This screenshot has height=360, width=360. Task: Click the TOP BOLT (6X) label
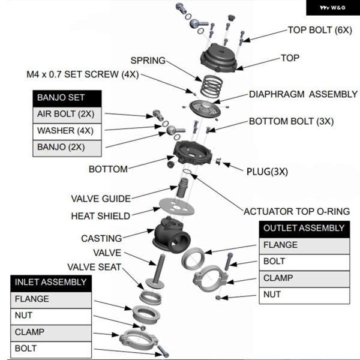pyautogui.click(x=320, y=29)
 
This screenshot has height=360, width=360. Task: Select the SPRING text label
pyautogui.click(x=148, y=60)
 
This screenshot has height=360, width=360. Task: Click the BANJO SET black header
pyautogui.click(x=67, y=97)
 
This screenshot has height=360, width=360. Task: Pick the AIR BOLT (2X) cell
pyautogui.click(x=67, y=114)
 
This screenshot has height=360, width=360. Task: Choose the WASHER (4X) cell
pyautogui.click(x=67, y=130)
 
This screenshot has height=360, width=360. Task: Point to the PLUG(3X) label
pyautogui.click(x=267, y=171)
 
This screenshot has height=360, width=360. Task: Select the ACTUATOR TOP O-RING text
pyautogui.click(x=296, y=211)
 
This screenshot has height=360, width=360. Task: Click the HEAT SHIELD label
pyautogui.click(x=100, y=216)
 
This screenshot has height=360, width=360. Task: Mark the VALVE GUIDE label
pyautogui.click(x=101, y=199)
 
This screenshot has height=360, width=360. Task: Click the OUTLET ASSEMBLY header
pyautogui.click(x=304, y=228)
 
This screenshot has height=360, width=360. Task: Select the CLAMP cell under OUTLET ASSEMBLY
pyautogui.click(x=304, y=278)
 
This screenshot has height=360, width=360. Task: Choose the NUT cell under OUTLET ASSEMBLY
pyautogui.click(x=304, y=294)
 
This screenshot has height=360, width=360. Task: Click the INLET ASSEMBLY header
pyautogui.click(x=51, y=281)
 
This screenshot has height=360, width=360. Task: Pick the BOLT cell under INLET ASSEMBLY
pyautogui.click(x=51, y=348)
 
